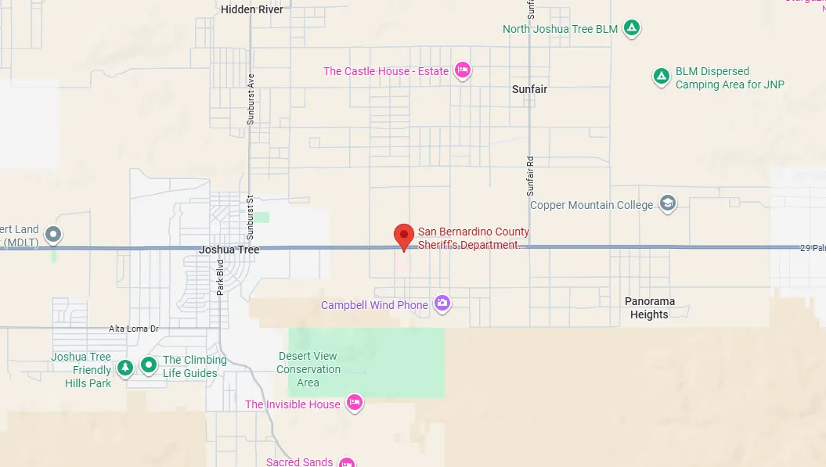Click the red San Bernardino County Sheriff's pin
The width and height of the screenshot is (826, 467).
click(x=403, y=235)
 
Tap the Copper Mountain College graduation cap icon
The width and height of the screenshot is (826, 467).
click(x=667, y=204)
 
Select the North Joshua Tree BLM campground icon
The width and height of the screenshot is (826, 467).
click(x=632, y=29)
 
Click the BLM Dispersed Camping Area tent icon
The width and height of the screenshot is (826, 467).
click(x=661, y=77)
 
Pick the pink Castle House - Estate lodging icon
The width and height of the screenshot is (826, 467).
click(x=462, y=71)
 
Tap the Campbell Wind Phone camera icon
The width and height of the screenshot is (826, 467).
click(x=442, y=304)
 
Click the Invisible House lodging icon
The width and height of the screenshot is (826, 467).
click(x=354, y=403)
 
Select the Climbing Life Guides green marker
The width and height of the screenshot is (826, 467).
click(x=148, y=365)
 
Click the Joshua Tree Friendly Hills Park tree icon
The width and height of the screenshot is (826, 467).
click(x=124, y=367)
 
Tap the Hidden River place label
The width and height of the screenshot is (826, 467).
click(x=252, y=9)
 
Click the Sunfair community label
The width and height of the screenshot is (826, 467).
click(x=529, y=89)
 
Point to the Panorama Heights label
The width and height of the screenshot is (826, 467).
click(x=649, y=307)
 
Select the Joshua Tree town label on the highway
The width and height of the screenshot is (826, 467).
click(x=229, y=250)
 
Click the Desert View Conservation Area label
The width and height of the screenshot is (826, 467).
click(x=308, y=369)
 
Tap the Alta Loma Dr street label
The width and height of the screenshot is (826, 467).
click(x=134, y=329)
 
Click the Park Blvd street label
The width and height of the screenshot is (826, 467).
click(x=221, y=277)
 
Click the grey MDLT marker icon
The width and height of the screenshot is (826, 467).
click(x=53, y=233)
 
